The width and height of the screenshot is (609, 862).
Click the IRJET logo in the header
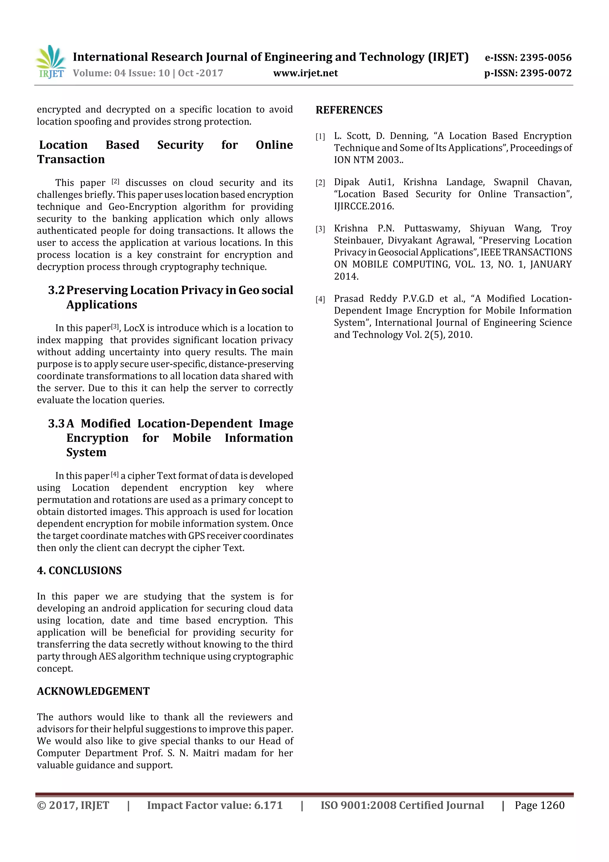click(x=51, y=62)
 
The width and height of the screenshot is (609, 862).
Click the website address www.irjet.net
click(x=305, y=73)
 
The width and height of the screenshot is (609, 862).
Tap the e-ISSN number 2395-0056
click(x=545, y=57)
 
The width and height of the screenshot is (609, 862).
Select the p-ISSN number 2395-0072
click(x=545, y=73)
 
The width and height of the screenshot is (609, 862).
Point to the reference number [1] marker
click(x=320, y=137)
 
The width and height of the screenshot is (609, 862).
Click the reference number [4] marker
click(x=320, y=300)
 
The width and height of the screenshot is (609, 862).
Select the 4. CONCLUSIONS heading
click(x=79, y=571)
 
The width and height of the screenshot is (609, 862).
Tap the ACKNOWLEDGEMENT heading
click(x=93, y=691)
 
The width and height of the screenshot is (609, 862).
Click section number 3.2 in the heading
click(x=56, y=290)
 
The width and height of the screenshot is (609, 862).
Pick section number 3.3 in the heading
click(x=56, y=423)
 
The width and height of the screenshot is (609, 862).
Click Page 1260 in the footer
click(x=539, y=805)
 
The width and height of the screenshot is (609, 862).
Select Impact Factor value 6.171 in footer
click(x=214, y=805)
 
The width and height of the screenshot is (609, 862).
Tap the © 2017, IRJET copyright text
click(x=73, y=805)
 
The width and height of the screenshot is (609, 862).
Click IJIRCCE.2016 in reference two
click(x=364, y=206)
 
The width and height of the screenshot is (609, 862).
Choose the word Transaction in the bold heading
click(x=71, y=159)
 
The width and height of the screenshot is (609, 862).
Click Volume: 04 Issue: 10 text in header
click(x=148, y=73)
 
